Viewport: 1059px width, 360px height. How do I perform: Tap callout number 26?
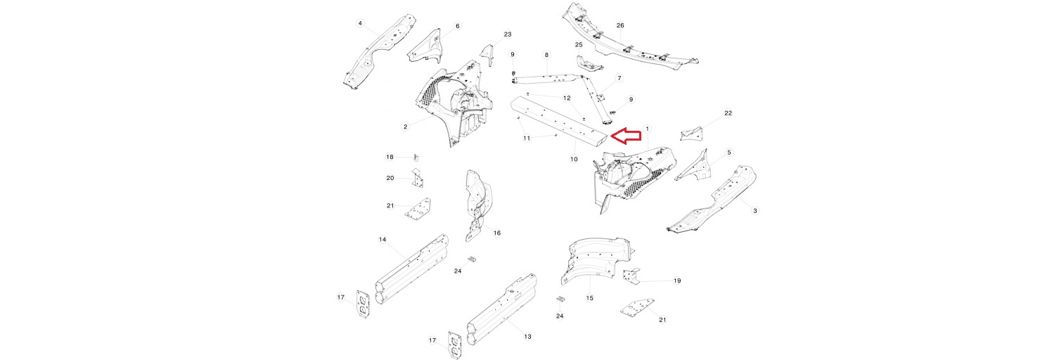(620, 25)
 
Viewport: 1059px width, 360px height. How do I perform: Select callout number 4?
(360, 23)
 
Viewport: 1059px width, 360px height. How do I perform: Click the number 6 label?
(457, 26)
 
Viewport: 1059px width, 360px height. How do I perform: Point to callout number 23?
(508, 34)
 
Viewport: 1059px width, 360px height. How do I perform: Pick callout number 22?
(729, 113)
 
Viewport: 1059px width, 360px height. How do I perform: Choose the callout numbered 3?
(755, 210)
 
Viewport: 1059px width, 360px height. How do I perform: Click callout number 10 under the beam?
(574, 160)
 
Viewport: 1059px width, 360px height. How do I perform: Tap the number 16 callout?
(496, 233)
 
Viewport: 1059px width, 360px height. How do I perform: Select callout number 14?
(383, 240)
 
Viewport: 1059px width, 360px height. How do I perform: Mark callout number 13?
(527, 337)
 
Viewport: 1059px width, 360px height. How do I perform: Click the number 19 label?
(677, 281)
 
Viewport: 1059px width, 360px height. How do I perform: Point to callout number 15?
(590, 298)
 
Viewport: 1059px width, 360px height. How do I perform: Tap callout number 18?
(390, 157)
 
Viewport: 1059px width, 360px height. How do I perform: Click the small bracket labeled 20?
(416, 181)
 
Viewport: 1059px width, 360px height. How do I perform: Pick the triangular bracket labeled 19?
(631, 277)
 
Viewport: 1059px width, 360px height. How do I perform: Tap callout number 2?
(406, 127)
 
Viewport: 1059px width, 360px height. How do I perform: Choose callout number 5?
(729, 152)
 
